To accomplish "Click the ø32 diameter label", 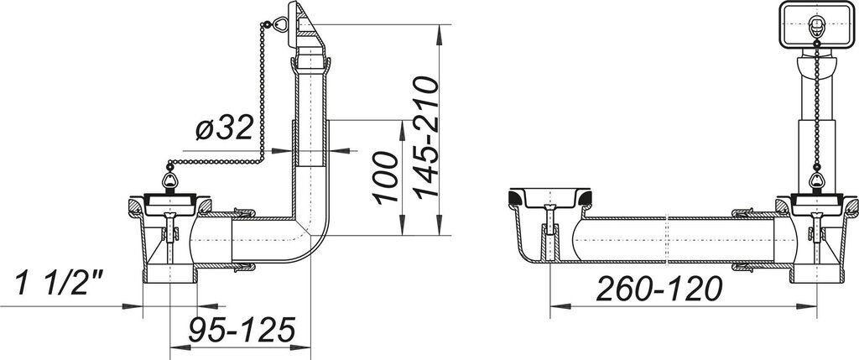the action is (x=224, y=128).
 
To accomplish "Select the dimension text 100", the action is (x=386, y=178).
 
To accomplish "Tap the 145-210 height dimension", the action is (x=425, y=138).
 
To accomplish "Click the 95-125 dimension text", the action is (x=242, y=329).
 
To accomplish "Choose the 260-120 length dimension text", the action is (x=659, y=289).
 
